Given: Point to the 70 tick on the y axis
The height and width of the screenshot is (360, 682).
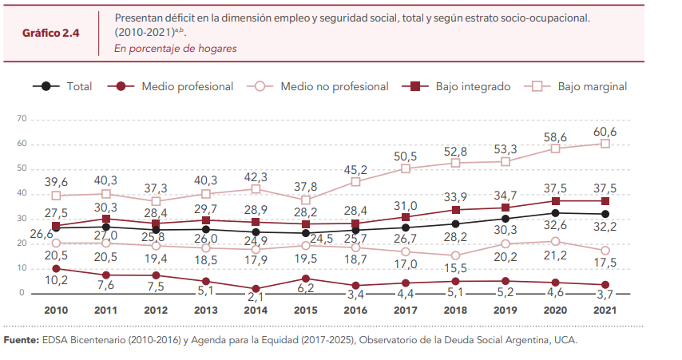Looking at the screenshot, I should pyautogui.click(x=22, y=119).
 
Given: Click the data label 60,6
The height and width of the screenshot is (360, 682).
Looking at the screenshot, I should pyautogui.click(x=605, y=131).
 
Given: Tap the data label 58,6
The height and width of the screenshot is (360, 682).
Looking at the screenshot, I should pyautogui.click(x=556, y=136).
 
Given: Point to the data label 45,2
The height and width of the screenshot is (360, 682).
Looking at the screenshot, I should pyautogui.click(x=355, y=169).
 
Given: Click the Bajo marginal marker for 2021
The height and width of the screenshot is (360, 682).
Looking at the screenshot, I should pyautogui.click(x=605, y=144).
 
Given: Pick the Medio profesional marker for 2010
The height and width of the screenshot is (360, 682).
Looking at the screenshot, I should pyautogui.click(x=56, y=268).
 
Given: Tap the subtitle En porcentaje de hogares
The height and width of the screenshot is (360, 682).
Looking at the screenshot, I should pyautogui.click(x=175, y=48).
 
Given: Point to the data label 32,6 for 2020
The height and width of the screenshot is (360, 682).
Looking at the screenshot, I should pyautogui.click(x=556, y=225).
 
